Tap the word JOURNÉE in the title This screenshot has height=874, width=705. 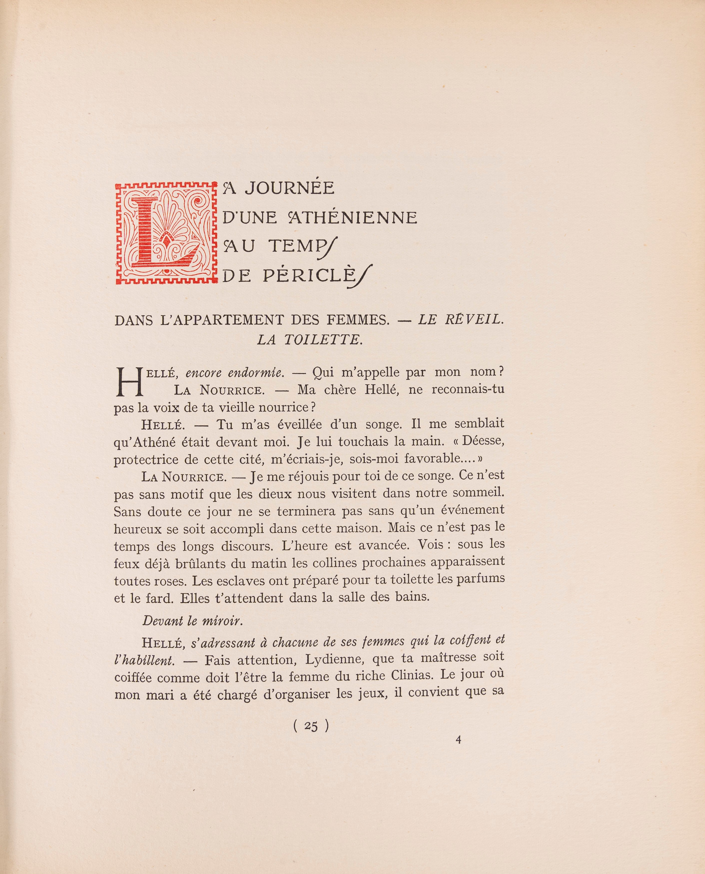point(289,188)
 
